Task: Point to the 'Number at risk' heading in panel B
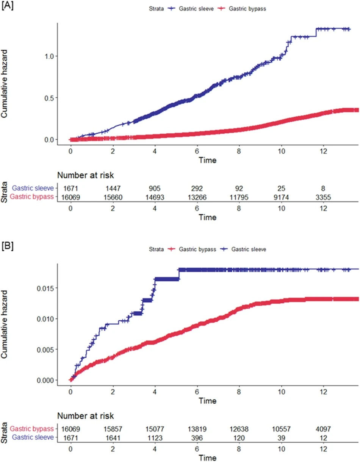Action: pos(85,416)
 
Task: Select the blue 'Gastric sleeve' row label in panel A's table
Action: pos(32,188)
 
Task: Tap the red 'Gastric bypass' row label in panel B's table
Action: pos(32,429)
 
